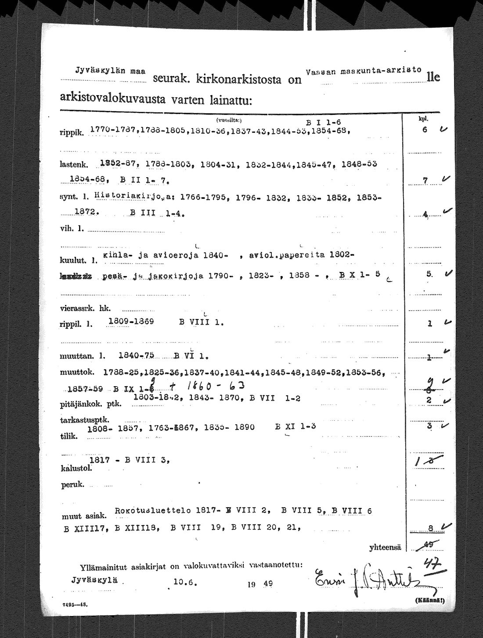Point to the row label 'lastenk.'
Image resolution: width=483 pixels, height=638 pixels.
[73, 165]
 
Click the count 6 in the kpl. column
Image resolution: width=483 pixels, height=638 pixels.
[425, 130]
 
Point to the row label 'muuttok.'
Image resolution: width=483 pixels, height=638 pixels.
[77, 373]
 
